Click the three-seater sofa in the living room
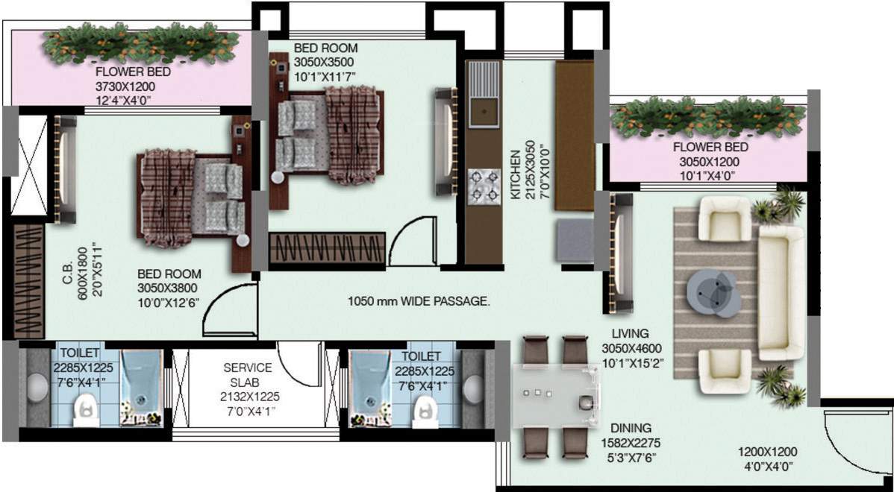point(781,292)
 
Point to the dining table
point(557,397)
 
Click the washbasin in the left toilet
point(35,387)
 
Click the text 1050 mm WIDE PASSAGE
point(419,301)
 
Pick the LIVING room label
point(631,333)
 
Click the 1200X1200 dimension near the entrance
point(768,451)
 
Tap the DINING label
point(631,428)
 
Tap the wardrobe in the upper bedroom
point(326,247)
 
